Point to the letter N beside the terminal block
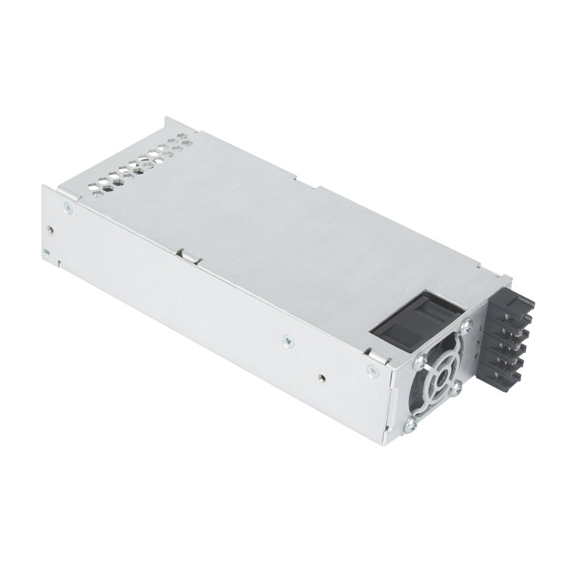pyautogui.click(x=474, y=342)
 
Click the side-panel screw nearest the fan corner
pyautogui.click(x=372, y=370)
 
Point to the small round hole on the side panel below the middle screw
pyautogui.click(x=320, y=378)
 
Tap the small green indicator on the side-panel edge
pyautogui.click(x=45, y=251)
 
